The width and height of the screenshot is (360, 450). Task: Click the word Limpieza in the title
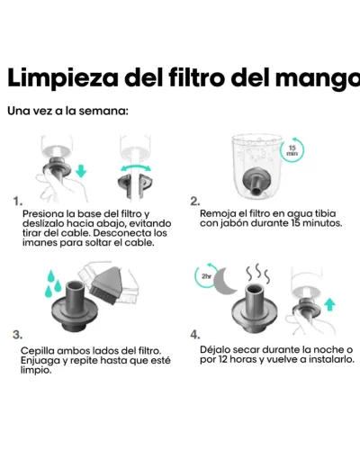pyautogui.click(x=63, y=78)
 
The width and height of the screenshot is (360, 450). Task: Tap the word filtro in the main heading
pyautogui.click(x=197, y=77)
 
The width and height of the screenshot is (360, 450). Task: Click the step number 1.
pyautogui.click(x=18, y=202)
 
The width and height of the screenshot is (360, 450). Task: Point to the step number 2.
pyautogui.click(x=195, y=201)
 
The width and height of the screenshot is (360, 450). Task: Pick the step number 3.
pyautogui.click(x=18, y=335)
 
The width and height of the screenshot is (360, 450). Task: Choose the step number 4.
pyautogui.click(x=195, y=335)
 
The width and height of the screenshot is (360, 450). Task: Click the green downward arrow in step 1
pyautogui.click(x=81, y=171)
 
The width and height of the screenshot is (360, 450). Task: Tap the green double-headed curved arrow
pyautogui.click(x=135, y=167)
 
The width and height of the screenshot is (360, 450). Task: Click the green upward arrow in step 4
pyautogui.click(x=329, y=304)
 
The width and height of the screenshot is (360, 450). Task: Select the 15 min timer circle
pyautogui.click(x=292, y=150)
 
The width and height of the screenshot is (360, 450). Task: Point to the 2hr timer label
pyautogui.click(x=206, y=276)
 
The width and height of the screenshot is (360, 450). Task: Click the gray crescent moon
pyautogui.click(x=223, y=281)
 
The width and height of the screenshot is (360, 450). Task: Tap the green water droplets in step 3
pyautogui.click(x=53, y=283)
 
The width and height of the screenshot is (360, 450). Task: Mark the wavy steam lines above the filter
pyautogui.click(x=257, y=273)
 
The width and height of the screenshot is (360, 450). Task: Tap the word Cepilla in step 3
pyautogui.click(x=38, y=351)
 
